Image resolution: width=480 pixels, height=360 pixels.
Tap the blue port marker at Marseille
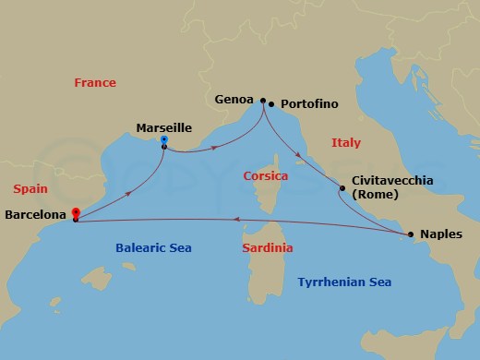click(x=163, y=142)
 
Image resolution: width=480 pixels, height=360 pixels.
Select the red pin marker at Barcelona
click(x=76, y=213)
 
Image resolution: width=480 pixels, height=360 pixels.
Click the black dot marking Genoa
click(x=263, y=101)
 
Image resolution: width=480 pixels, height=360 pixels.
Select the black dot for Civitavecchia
click(x=342, y=188)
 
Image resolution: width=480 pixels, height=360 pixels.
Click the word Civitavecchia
click(x=392, y=182)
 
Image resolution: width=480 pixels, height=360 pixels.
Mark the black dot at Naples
click(x=411, y=234)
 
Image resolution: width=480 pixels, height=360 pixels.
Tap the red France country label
click(x=95, y=83)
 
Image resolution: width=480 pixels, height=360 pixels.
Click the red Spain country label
click(x=30, y=188)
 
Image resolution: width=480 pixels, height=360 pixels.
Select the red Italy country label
click(x=346, y=143)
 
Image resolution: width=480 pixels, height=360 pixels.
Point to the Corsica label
click(x=266, y=175)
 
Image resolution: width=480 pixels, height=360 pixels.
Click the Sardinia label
click(x=268, y=248)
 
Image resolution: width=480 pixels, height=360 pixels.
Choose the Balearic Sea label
click(x=152, y=247)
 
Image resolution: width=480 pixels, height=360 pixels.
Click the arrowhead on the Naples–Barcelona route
click(x=237, y=220)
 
